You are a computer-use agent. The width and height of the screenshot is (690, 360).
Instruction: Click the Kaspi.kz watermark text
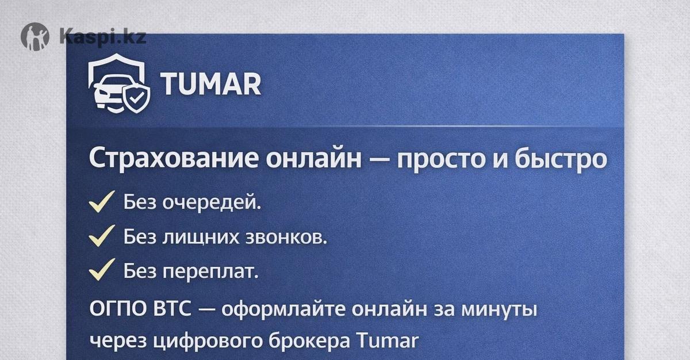(x=102, y=36)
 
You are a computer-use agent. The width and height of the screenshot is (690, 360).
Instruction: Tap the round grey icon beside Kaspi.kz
(x=35, y=37)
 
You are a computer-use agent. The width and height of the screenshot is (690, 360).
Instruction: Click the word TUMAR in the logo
(x=210, y=84)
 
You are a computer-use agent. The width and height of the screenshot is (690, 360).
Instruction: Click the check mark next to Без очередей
(x=101, y=202)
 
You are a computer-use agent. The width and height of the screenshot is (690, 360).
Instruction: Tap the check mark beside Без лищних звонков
(x=101, y=236)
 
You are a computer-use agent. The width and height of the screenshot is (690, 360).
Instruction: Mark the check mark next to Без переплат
(x=101, y=270)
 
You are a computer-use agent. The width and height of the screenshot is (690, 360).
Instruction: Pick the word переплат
(x=210, y=272)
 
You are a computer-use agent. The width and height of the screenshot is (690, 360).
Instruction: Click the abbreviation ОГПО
(x=118, y=309)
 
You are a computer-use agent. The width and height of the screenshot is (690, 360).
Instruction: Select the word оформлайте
(x=283, y=309)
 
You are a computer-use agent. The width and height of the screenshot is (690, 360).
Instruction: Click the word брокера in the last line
(x=309, y=341)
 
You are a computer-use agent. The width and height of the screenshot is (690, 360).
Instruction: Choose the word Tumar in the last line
(x=388, y=340)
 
